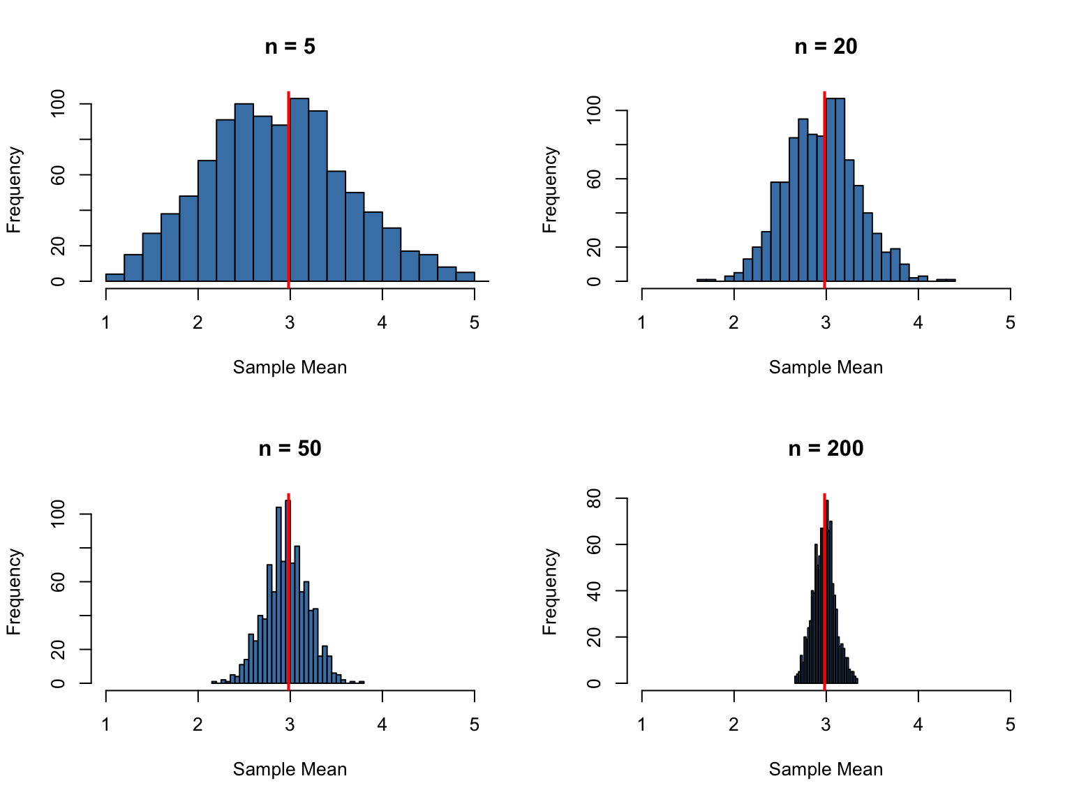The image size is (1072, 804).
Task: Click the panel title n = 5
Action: (290, 47)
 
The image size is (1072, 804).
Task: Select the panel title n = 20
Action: (826, 47)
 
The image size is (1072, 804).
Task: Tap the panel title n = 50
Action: (290, 449)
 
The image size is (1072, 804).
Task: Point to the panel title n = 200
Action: (826, 449)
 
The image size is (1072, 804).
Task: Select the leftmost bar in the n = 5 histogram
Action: (115, 277)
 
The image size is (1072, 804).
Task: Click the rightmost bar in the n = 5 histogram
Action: (466, 276)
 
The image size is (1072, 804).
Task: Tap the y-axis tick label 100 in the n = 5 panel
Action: (59, 104)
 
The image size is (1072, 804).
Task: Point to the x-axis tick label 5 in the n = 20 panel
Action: (1010, 323)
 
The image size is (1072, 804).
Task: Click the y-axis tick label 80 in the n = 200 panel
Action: (595, 498)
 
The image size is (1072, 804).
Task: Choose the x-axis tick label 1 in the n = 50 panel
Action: (106, 725)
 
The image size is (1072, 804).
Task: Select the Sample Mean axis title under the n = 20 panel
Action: (826, 368)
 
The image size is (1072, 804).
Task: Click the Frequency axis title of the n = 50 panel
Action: (15, 591)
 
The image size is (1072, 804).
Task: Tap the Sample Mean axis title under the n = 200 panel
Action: (826, 770)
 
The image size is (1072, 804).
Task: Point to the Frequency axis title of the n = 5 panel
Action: (15, 189)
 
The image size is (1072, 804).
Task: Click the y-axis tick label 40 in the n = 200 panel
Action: (595, 591)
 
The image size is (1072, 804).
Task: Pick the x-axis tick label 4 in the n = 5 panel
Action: (382, 323)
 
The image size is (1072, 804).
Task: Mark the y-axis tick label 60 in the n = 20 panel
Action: (595, 179)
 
